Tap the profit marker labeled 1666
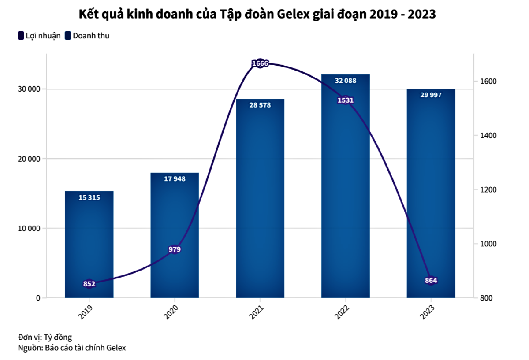(260, 63)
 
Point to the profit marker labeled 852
(89, 284)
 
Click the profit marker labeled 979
(175, 249)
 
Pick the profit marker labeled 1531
(346, 100)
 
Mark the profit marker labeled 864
(431, 281)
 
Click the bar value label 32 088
(346, 81)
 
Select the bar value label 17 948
(175, 179)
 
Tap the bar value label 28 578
(260, 105)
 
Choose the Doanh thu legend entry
(87, 36)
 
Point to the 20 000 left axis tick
(28, 159)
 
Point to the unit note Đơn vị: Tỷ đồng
(45, 338)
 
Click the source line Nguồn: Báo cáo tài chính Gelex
(72, 348)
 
